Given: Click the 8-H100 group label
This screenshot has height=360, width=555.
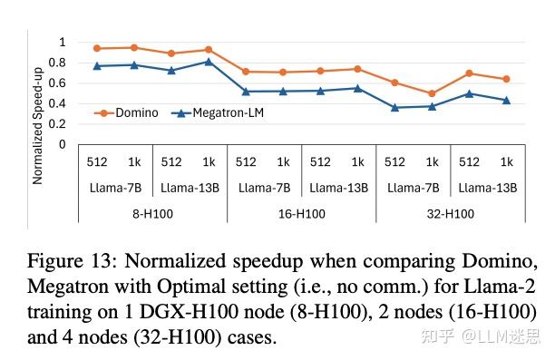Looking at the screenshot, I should pyautogui.click(x=152, y=215).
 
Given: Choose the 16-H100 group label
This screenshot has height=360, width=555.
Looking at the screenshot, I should pyautogui.click(x=301, y=215).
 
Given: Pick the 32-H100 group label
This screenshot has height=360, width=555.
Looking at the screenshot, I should pyautogui.click(x=451, y=215).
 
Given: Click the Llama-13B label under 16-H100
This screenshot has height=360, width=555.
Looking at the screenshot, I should pyautogui.click(x=338, y=189).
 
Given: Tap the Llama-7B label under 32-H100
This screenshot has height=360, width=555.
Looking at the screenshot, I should pyautogui.click(x=414, y=189).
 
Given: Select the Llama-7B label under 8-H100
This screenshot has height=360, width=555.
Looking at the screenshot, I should pyautogui.click(x=115, y=189).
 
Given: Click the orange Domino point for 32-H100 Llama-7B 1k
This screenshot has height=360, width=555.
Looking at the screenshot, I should pyautogui.click(x=432, y=93).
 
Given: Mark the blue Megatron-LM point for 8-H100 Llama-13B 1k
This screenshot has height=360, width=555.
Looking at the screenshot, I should pyautogui.click(x=208, y=62).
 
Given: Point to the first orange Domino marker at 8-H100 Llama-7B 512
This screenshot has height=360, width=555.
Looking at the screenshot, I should pyautogui.click(x=96, y=48).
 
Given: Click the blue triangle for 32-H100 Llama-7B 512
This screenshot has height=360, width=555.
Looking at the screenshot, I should pyautogui.click(x=394, y=107).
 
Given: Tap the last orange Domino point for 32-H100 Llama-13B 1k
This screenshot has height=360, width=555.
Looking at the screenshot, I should pyautogui.click(x=506, y=79).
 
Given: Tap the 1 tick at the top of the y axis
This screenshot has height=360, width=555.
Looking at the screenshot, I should pyautogui.click(x=62, y=43).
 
